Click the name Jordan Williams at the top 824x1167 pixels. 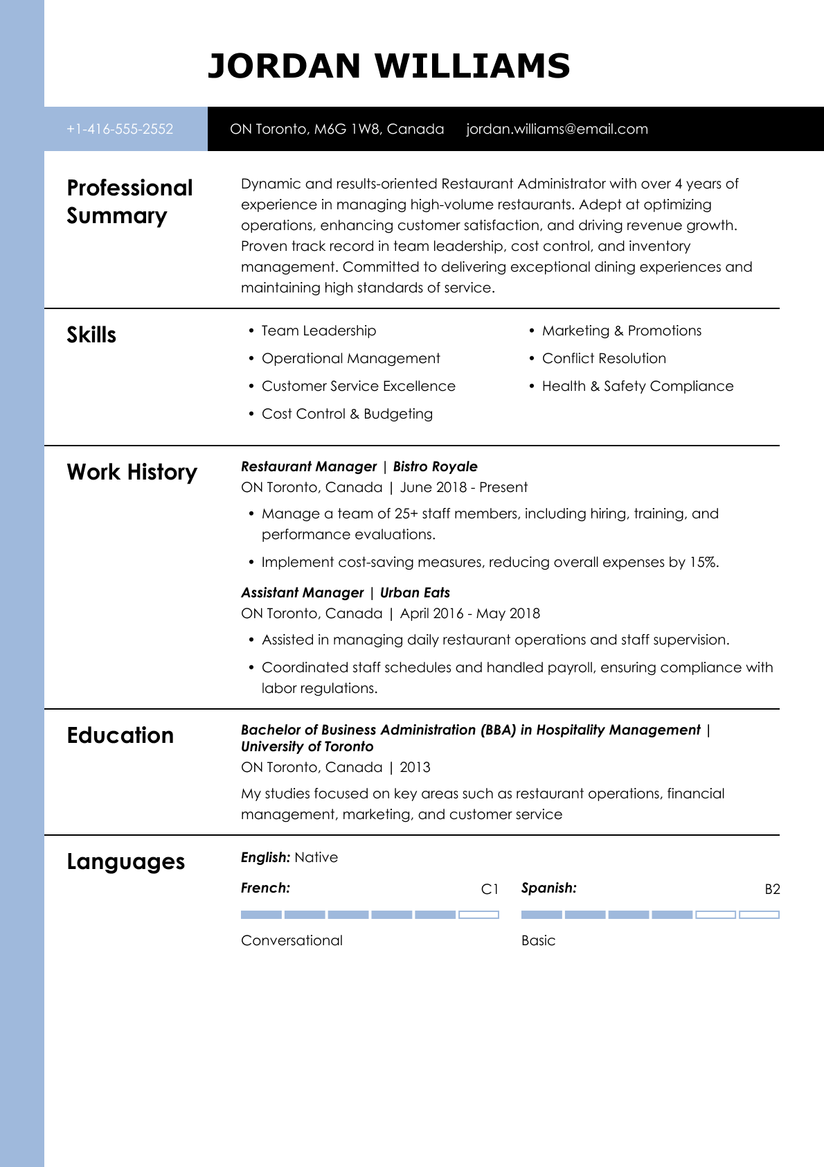click(388, 67)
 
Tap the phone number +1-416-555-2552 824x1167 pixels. click(120, 129)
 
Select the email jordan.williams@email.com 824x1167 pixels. click(557, 129)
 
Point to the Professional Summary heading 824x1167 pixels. click(129, 202)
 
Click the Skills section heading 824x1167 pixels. click(91, 335)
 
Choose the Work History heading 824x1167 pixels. click(132, 472)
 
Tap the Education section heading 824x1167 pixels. click(120, 735)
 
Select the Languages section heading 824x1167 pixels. click(125, 861)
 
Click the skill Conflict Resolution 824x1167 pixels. click(604, 358)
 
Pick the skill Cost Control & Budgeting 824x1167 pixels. click(347, 414)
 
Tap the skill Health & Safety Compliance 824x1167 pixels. click(637, 386)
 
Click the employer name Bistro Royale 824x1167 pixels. click(435, 466)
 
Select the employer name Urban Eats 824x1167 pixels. click(415, 593)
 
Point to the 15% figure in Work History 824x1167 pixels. click(703, 562)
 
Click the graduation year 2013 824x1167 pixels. click(415, 767)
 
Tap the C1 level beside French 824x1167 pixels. click(490, 889)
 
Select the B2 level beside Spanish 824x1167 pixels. click(772, 889)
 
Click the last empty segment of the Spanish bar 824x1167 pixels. click(759, 915)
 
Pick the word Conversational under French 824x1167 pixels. click(292, 940)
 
